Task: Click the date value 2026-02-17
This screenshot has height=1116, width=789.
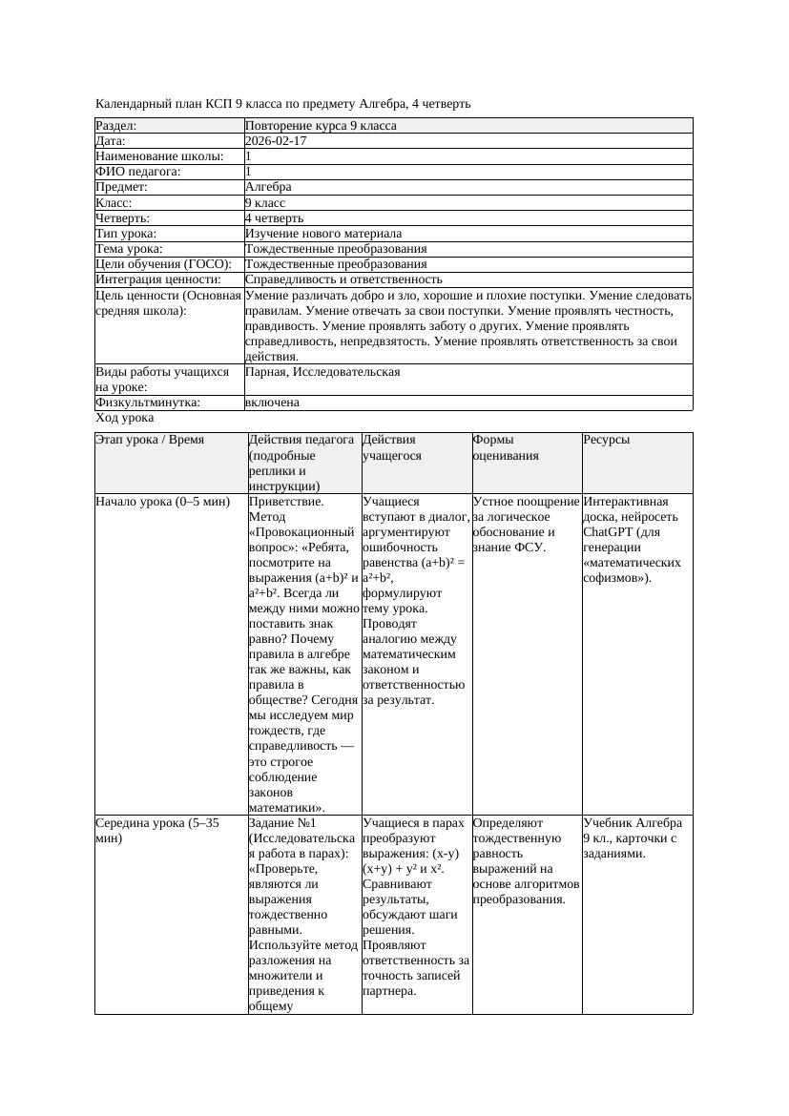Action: click(x=276, y=141)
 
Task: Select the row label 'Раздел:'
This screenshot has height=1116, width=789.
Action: click(x=116, y=126)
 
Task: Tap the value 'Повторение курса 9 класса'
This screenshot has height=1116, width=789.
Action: click(x=321, y=126)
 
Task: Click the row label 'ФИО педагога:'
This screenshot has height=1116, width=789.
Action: click(x=138, y=172)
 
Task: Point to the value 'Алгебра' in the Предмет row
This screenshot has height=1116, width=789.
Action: click(x=268, y=187)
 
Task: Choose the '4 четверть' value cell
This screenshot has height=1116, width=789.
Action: click(x=274, y=217)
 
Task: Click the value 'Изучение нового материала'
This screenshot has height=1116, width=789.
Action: click(x=323, y=233)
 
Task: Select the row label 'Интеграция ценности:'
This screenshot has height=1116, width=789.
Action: click(x=157, y=279)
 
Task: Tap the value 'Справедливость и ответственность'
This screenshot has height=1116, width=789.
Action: click(x=343, y=279)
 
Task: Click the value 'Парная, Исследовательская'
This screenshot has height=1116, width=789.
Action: click(x=322, y=372)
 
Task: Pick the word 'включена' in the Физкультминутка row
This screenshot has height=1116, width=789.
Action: click(x=272, y=403)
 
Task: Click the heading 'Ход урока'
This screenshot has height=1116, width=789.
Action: click(x=125, y=418)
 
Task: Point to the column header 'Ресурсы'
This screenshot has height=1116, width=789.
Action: click(x=607, y=440)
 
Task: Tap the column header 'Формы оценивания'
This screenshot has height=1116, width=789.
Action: click(x=506, y=447)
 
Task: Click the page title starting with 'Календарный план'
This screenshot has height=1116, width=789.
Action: click(x=283, y=103)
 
